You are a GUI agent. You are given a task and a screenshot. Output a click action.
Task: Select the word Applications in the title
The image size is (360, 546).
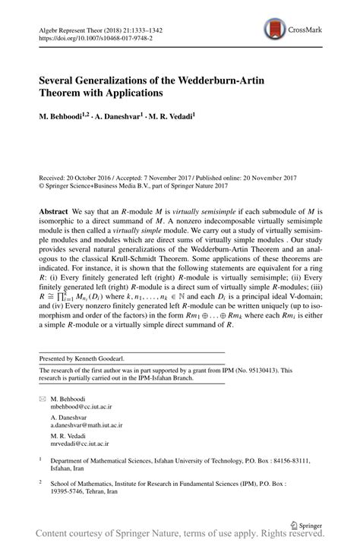[134, 94]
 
